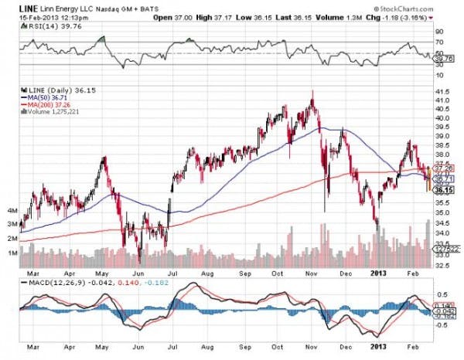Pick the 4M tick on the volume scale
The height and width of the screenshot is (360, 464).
12,210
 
